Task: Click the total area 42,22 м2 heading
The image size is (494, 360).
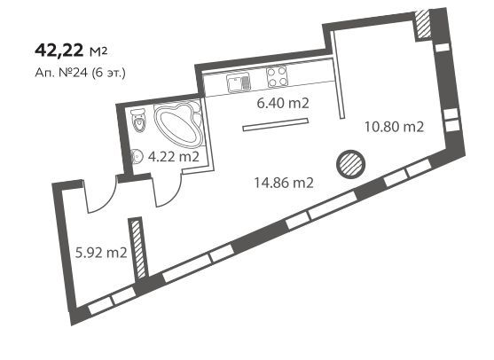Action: (x=71, y=51)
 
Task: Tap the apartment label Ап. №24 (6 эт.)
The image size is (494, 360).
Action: (x=81, y=73)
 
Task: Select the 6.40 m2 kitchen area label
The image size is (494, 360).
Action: (x=283, y=104)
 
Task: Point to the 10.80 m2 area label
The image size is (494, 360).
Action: (x=394, y=127)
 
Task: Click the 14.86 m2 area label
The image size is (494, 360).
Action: (x=284, y=183)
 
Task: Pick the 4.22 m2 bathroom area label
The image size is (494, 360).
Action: (x=174, y=157)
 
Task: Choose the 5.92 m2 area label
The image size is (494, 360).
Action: (x=101, y=253)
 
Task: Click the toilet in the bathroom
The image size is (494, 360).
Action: (x=139, y=120)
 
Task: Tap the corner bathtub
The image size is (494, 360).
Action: (x=179, y=123)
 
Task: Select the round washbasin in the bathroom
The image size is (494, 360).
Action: (x=136, y=156)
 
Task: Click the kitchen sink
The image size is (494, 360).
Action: (x=239, y=82)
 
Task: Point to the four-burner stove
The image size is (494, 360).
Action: (x=278, y=76)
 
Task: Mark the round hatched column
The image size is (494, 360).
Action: (x=350, y=163)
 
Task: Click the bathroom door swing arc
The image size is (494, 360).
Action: (x=172, y=197)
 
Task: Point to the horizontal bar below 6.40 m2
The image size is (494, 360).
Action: (x=275, y=124)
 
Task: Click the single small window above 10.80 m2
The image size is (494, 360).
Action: (x=443, y=47)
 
